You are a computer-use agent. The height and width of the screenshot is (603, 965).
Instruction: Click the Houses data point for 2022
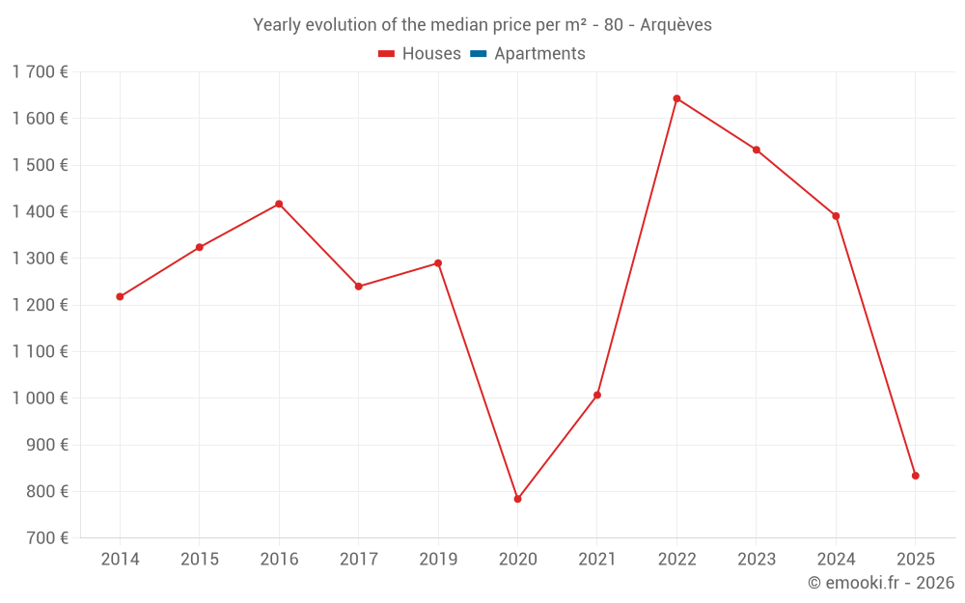click(x=676, y=98)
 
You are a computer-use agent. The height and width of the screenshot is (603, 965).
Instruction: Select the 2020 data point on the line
click(x=517, y=499)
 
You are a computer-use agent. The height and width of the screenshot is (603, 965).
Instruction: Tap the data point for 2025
click(x=915, y=476)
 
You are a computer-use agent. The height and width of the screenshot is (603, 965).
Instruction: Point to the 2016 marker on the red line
click(x=279, y=204)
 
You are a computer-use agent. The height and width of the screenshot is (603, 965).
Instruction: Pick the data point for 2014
click(x=120, y=296)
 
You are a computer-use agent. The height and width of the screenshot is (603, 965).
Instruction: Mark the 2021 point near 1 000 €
click(x=597, y=395)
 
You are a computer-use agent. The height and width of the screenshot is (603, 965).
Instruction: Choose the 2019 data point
click(x=438, y=262)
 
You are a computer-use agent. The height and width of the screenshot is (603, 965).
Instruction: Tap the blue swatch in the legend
click(x=478, y=54)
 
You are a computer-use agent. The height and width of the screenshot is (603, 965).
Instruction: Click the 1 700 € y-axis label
click(x=40, y=71)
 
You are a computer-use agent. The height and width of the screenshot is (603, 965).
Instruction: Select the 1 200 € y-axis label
click(x=40, y=305)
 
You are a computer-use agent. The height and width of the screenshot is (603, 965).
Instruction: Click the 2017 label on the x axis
click(x=358, y=560)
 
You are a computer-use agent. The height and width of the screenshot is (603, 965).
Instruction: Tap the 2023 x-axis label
click(x=756, y=560)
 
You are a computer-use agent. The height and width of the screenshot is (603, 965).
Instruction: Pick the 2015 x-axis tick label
click(x=200, y=560)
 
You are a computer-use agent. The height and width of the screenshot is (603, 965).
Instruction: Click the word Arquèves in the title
click(x=675, y=25)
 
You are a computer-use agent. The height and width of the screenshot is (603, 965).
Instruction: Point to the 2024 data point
click(x=836, y=216)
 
